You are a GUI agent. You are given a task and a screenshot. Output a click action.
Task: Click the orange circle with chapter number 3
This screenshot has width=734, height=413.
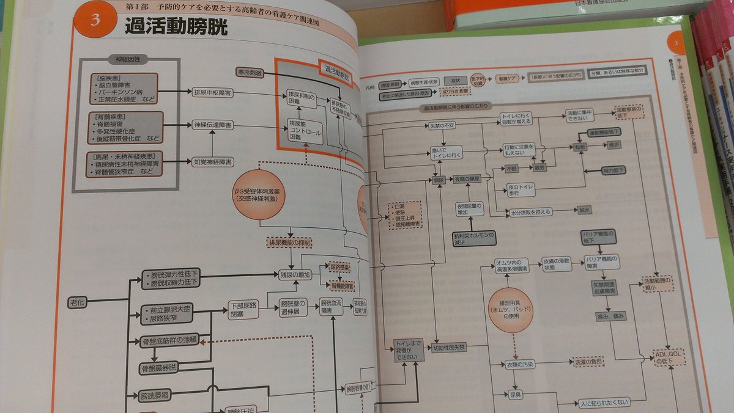[94, 20]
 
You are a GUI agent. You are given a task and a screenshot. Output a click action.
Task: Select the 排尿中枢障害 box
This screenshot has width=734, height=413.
[212, 93]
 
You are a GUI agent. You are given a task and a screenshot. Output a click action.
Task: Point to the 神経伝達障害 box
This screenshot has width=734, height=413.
[212, 125]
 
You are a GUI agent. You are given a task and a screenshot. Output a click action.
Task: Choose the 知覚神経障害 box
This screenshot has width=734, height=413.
[212, 162]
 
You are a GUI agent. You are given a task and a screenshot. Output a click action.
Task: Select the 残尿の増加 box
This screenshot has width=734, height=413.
[295, 275]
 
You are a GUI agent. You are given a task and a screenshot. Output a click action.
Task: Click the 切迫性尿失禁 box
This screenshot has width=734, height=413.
[449, 347]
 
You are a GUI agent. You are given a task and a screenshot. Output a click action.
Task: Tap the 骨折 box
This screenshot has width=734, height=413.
[614, 145]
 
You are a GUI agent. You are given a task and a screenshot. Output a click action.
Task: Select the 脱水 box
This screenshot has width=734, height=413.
[584, 210]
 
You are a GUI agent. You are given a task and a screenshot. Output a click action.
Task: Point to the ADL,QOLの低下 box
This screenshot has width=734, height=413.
[669, 357]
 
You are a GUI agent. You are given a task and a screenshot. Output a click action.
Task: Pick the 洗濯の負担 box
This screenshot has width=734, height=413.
[588, 361]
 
